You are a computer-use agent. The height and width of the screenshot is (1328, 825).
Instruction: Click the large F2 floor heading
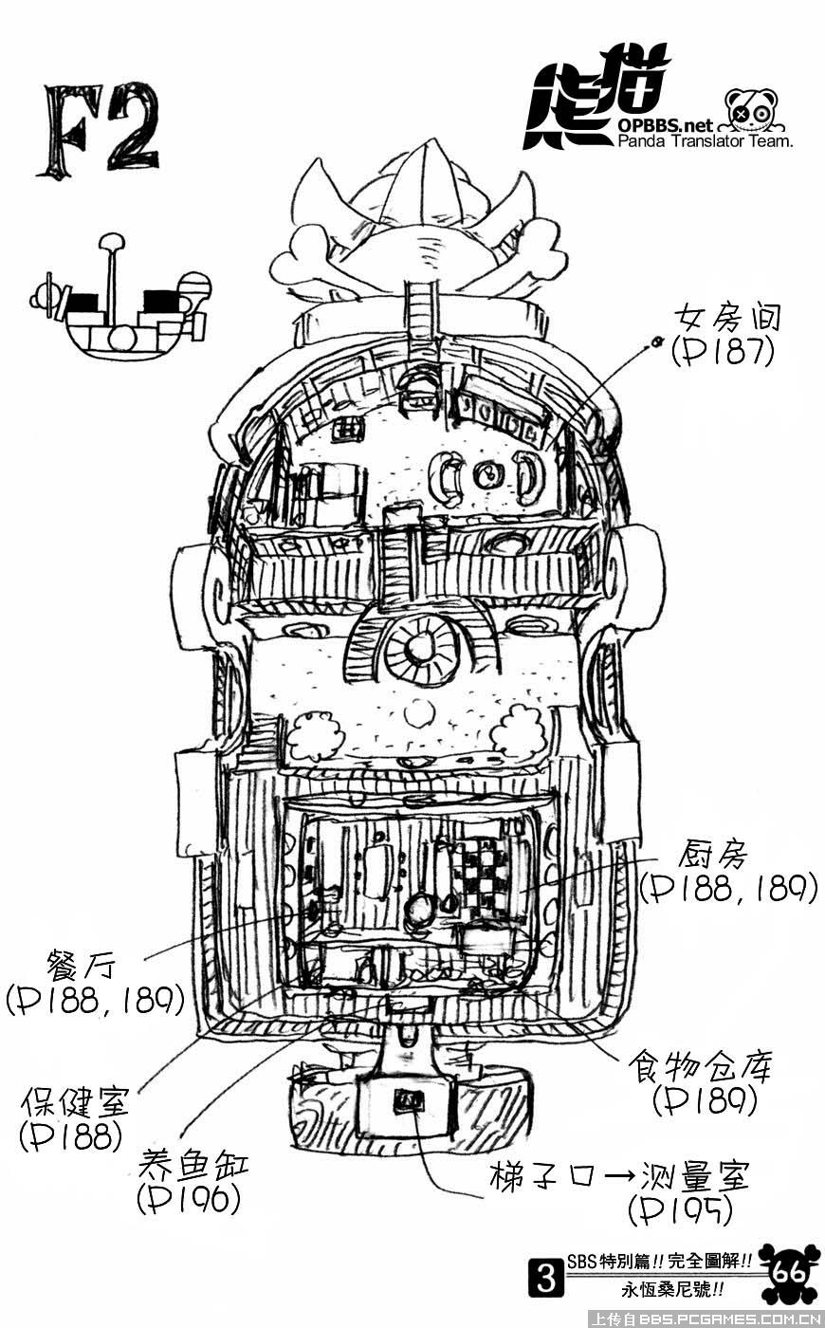point(98,131)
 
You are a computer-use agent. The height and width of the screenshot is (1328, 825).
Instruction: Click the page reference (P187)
point(723,352)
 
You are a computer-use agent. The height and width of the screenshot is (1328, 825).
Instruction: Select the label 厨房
point(712,855)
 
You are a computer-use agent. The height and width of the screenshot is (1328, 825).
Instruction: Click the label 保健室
point(75,1103)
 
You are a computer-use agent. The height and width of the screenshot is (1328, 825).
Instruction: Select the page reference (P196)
point(188,1200)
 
